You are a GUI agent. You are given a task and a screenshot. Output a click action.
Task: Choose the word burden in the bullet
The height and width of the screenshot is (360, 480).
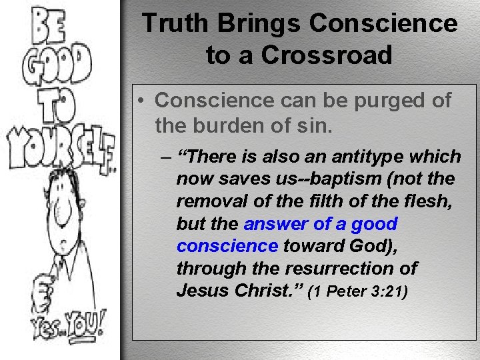(x=227, y=125)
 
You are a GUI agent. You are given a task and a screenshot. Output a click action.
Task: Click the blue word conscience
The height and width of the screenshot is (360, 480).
(x=227, y=246)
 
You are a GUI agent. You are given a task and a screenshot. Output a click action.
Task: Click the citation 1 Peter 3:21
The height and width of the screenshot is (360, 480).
(x=360, y=291)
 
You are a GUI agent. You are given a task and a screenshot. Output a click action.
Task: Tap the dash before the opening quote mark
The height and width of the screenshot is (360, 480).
(x=165, y=157)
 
